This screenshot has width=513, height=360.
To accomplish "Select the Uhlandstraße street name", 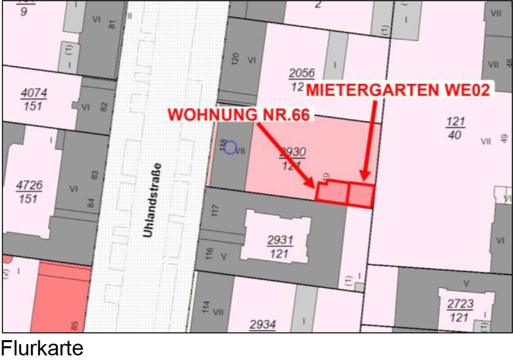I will point(151,200).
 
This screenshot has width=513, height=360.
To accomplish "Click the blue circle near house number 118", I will point(230,147).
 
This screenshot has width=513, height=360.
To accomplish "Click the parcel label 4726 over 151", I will point(29,192).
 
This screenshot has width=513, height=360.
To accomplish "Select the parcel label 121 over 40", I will point(455,128).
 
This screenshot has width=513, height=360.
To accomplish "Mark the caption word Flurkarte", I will point(42,349).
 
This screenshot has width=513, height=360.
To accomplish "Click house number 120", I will point(235,58).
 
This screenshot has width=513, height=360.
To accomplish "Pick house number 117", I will point(215,210).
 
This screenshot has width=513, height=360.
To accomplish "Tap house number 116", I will point(209,253).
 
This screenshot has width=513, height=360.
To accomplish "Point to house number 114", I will point(206,307).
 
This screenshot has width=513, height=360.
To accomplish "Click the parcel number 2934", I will point(263,324).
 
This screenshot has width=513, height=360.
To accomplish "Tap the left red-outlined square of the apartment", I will point(332,193).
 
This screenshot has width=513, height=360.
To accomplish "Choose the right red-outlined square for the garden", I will point(361,195).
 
